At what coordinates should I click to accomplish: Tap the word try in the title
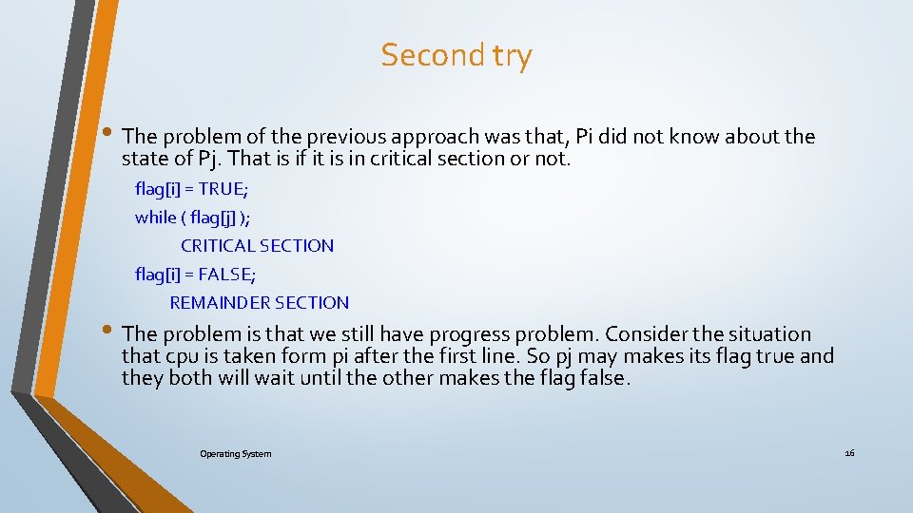513,57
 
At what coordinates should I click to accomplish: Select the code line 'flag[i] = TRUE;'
194,188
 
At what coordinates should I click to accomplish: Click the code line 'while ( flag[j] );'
193,217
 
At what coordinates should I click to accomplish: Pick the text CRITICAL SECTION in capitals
257,245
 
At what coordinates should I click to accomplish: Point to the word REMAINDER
218,302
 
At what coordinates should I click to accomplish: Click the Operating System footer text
235,454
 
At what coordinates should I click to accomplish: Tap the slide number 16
849,453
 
